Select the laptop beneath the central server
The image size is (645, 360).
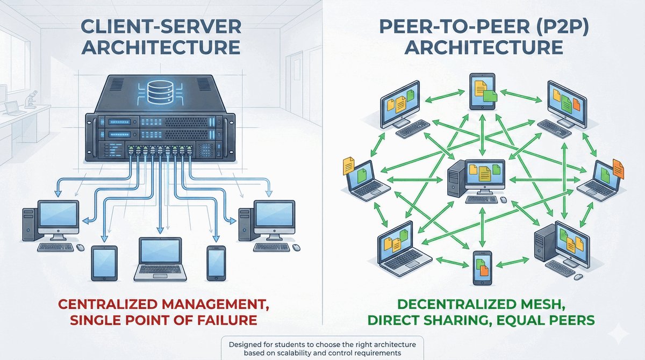[x=163, y=260]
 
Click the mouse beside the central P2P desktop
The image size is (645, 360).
[x=503, y=199]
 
